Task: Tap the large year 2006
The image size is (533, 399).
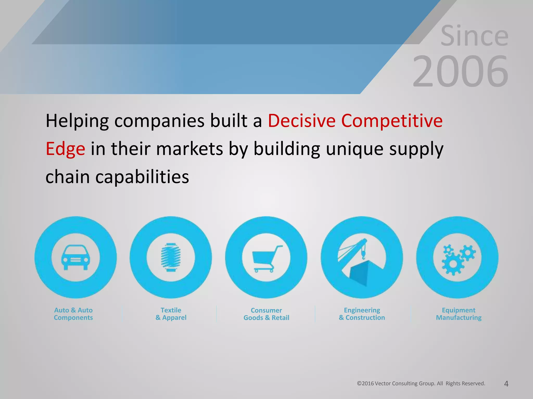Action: (460, 72)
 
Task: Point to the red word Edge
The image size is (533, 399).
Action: (65, 149)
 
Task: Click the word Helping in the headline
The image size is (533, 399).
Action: (77, 121)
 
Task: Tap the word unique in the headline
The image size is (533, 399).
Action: (355, 149)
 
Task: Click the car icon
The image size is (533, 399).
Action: (75, 257)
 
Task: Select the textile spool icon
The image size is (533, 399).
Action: (171, 257)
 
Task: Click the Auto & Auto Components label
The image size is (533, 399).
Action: (73, 314)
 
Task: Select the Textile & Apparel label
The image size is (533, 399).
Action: (171, 314)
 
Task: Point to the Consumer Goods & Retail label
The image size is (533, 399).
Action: (266, 314)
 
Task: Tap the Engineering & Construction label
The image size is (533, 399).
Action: (362, 314)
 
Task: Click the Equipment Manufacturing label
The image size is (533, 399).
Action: (459, 314)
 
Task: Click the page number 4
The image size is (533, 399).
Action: (506, 384)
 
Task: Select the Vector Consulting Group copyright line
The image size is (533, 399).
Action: (421, 383)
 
